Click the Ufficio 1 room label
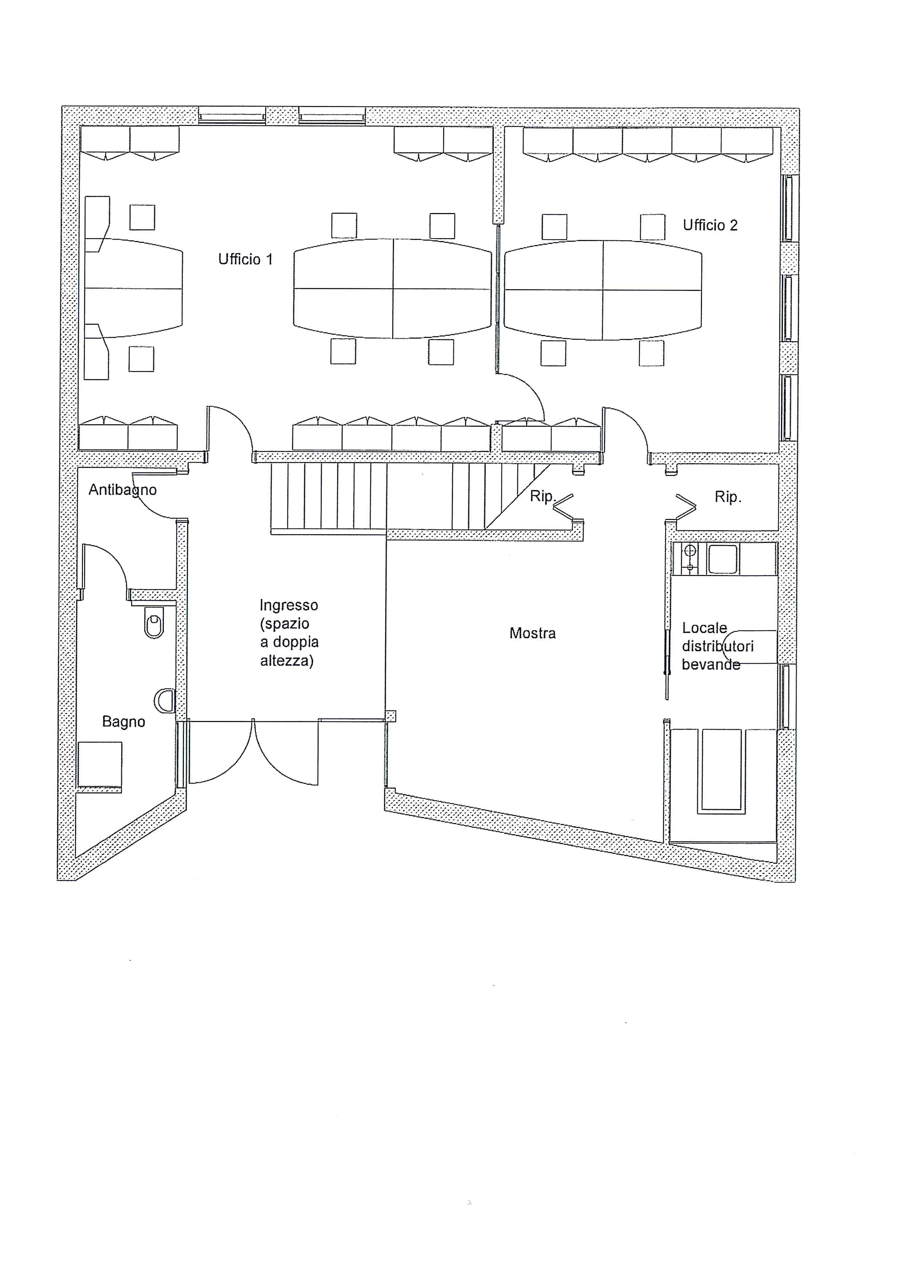pos(245,259)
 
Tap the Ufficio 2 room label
pos(710,225)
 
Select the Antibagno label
pos(123,490)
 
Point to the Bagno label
pos(123,722)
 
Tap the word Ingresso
pos(289,606)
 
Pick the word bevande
pos(711,664)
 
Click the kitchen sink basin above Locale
pos(722,559)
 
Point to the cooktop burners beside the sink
pos(690,559)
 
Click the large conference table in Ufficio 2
pos(603,290)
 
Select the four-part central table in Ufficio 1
pos(393,289)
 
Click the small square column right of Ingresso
pos(391,716)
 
